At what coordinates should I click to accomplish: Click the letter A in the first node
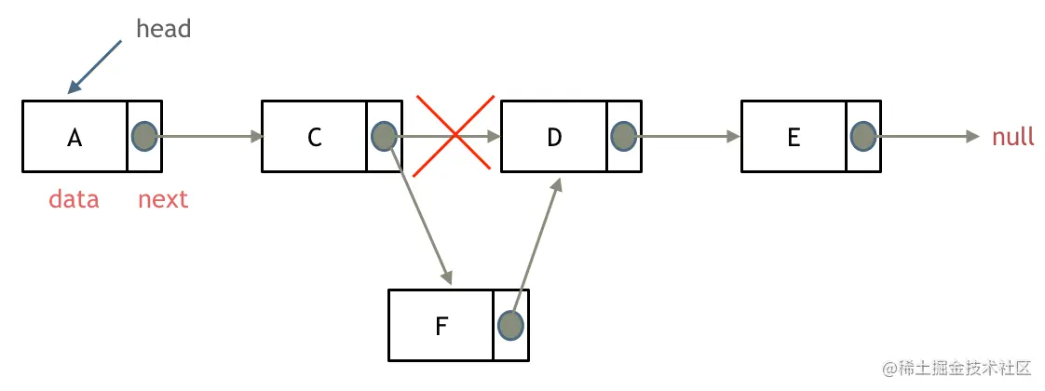[75, 138]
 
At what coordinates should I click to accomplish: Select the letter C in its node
[314, 138]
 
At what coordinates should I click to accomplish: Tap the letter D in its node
[554, 138]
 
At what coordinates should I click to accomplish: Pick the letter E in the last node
[794, 138]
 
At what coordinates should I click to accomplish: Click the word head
[163, 29]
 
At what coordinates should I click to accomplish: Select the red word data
[74, 199]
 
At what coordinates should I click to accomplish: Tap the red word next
[163, 199]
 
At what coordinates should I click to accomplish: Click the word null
[1013, 138]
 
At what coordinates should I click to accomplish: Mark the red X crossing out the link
[454, 134]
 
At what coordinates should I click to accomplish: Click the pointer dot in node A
[143, 137]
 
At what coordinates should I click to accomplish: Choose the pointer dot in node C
[383, 137]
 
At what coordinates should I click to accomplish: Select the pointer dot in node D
[623, 137]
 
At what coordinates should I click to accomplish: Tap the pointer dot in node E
[862, 137]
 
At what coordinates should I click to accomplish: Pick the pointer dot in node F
[509, 325]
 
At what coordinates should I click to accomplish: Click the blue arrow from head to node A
[96, 66]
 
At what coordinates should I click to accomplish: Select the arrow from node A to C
[210, 137]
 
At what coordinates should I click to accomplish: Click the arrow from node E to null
[927, 137]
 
